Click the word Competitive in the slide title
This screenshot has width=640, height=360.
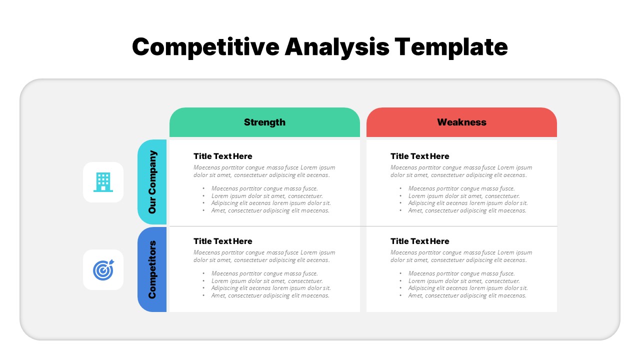coord(205,47)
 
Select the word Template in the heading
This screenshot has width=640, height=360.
coord(451,47)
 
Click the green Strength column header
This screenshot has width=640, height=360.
coord(264,122)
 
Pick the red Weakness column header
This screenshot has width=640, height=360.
coord(461,122)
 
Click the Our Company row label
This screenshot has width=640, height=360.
coord(152,182)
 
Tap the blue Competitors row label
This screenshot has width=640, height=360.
coord(152,269)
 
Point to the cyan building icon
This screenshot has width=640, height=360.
coord(103,182)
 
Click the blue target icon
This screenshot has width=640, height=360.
coord(103,270)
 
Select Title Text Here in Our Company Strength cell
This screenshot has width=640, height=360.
coord(223,156)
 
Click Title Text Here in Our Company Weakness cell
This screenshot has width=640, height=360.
coord(420,156)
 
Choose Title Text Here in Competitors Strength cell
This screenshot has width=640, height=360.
coord(223,241)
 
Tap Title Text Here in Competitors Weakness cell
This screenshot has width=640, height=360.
coord(420,241)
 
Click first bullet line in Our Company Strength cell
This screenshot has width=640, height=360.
coord(264,188)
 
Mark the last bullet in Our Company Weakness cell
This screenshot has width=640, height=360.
coord(467,210)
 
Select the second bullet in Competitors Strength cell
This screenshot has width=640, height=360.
coord(267,281)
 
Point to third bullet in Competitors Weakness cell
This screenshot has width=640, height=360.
coord(468,288)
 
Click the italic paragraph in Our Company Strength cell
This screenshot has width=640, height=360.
coord(264,171)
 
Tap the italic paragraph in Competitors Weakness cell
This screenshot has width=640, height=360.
coord(461,256)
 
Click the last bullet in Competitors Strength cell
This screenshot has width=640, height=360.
coord(270,295)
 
